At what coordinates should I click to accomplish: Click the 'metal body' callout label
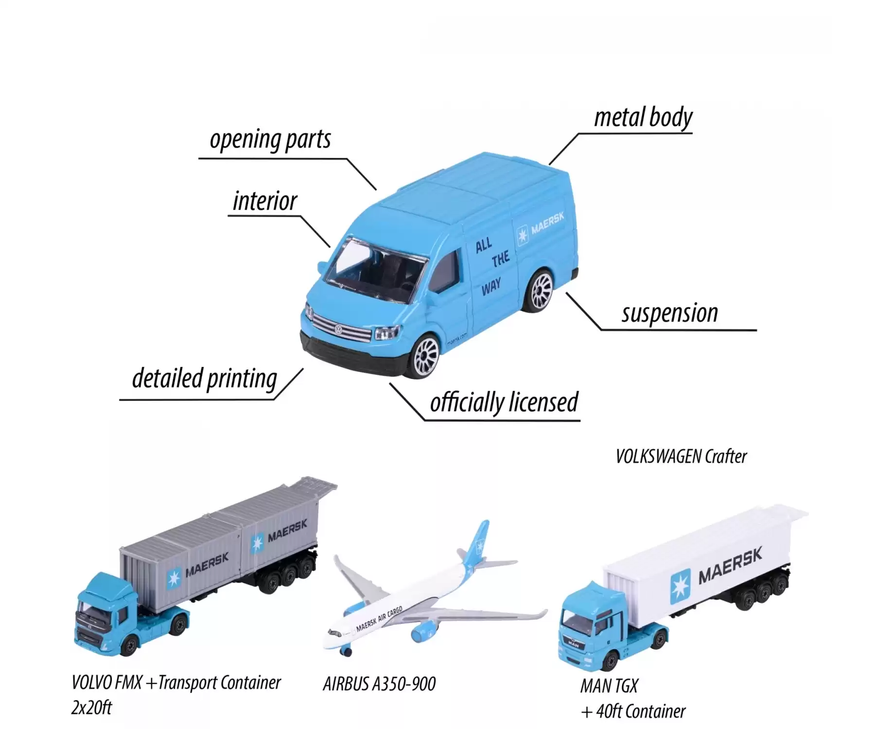tap(643, 118)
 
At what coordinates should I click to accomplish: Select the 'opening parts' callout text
tap(270, 140)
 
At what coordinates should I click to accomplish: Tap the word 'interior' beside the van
tap(265, 201)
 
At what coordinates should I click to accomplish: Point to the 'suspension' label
tap(670, 313)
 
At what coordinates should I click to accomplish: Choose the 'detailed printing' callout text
tap(205, 379)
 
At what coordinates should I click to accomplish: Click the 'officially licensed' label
tap(504, 402)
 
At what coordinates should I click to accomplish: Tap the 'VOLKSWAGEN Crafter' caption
tap(681, 456)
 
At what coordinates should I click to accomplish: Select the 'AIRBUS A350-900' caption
tap(379, 684)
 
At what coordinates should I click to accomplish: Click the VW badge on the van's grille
tap(338, 330)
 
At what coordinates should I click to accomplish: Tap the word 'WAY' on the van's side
tap(491, 288)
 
